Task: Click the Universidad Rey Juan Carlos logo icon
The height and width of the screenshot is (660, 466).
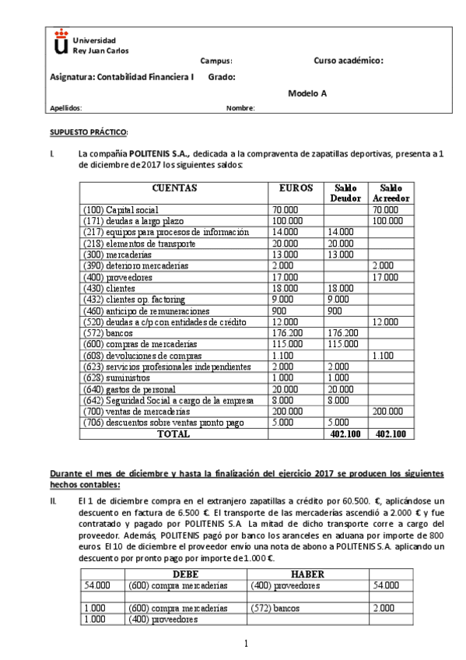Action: (61, 43)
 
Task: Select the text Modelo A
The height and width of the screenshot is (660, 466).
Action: (307, 93)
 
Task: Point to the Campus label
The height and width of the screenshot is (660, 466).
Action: (215, 61)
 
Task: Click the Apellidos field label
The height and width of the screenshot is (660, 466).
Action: (65, 108)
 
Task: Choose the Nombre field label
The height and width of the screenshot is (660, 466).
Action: (240, 108)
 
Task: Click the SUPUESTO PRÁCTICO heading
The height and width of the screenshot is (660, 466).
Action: (89, 133)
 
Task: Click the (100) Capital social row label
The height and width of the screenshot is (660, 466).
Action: (121, 210)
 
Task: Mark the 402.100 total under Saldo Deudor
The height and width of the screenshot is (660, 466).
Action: (345, 434)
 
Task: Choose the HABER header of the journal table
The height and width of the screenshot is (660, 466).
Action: (307, 574)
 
